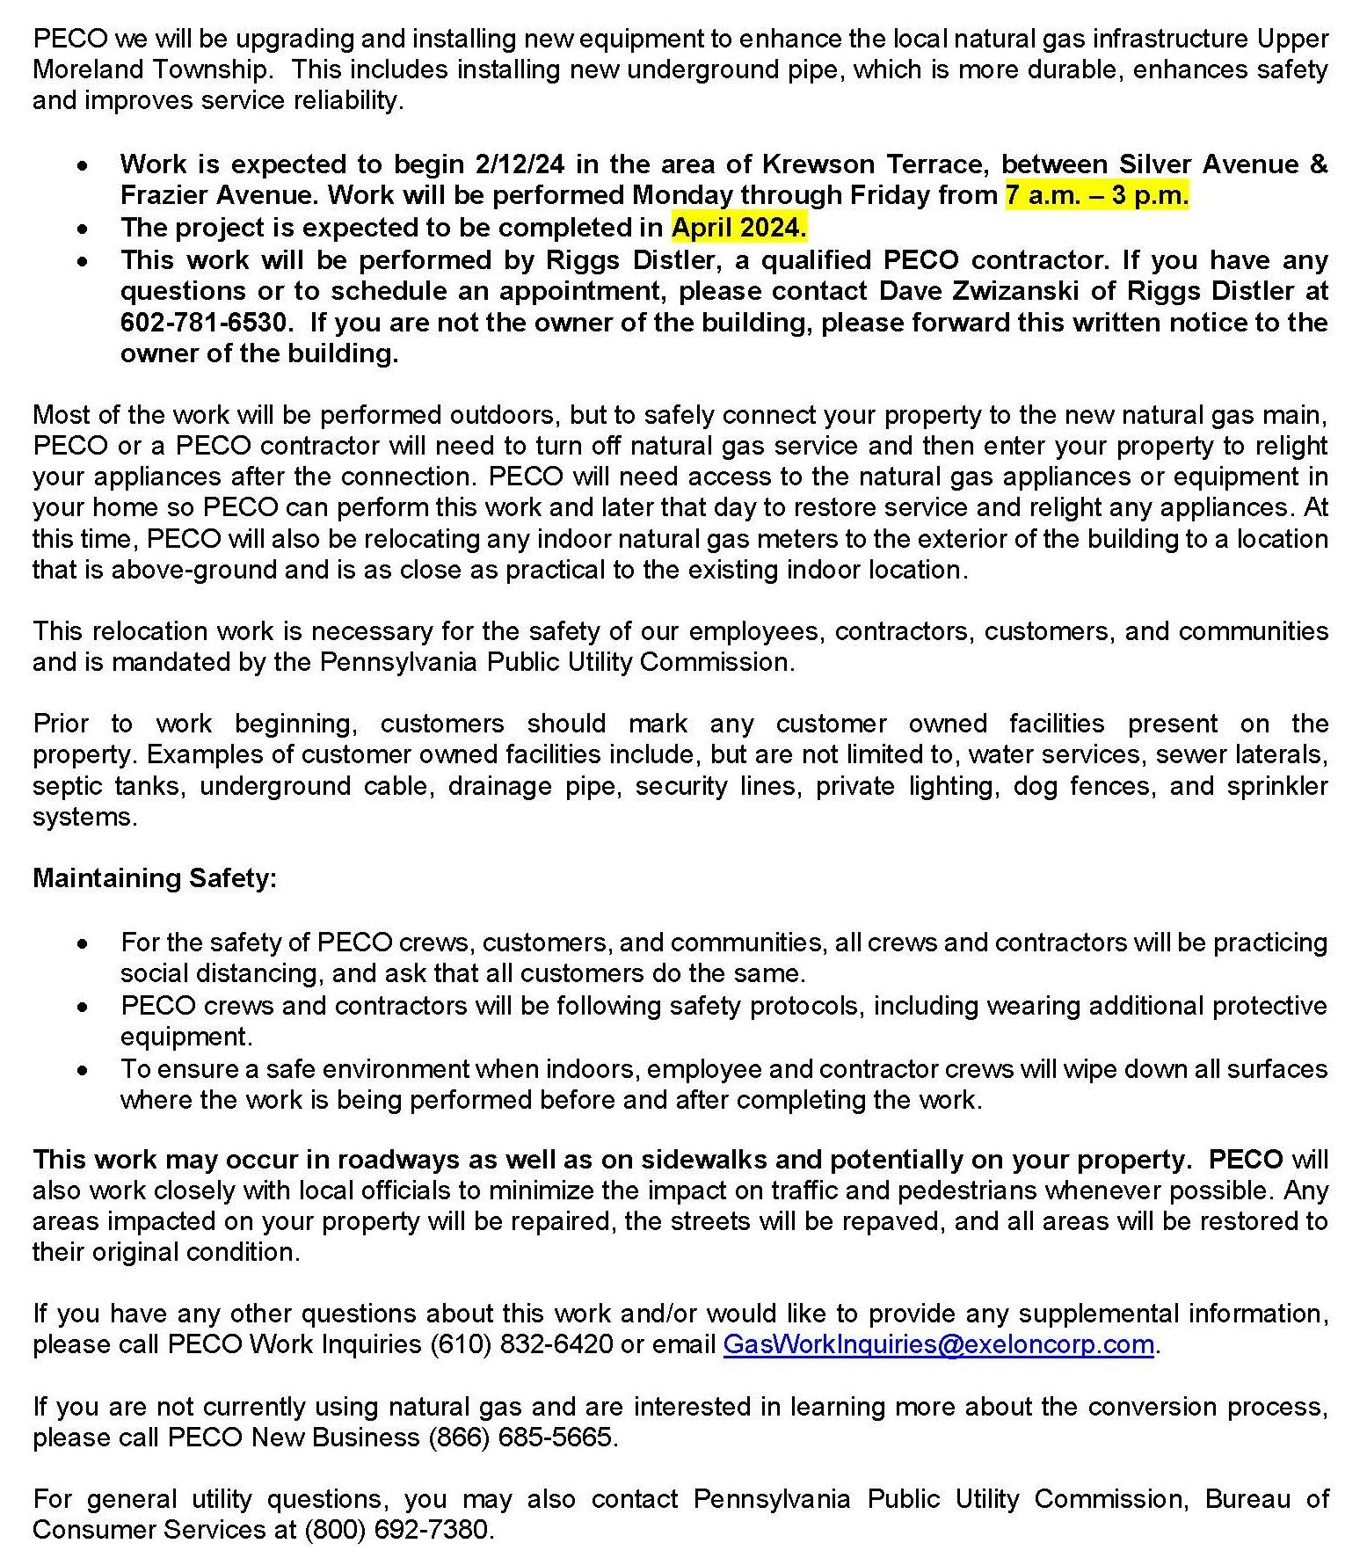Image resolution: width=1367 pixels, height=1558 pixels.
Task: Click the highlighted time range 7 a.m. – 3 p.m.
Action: [x=1096, y=195]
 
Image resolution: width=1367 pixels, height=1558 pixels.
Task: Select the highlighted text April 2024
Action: [x=738, y=228]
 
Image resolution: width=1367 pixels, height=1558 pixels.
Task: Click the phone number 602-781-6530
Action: [x=203, y=323]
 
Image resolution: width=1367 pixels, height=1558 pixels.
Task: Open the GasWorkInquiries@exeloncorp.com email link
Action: [x=938, y=1344]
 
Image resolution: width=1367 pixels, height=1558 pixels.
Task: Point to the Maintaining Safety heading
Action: [x=155, y=878]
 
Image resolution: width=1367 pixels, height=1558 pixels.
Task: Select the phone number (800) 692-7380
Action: [x=398, y=1531]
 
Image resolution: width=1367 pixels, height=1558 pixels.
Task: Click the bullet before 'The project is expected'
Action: [x=83, y=229]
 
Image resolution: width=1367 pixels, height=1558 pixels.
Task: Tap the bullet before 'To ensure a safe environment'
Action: [x=83, y=1070]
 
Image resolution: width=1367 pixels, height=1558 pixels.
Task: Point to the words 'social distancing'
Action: [x=221, y=973]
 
